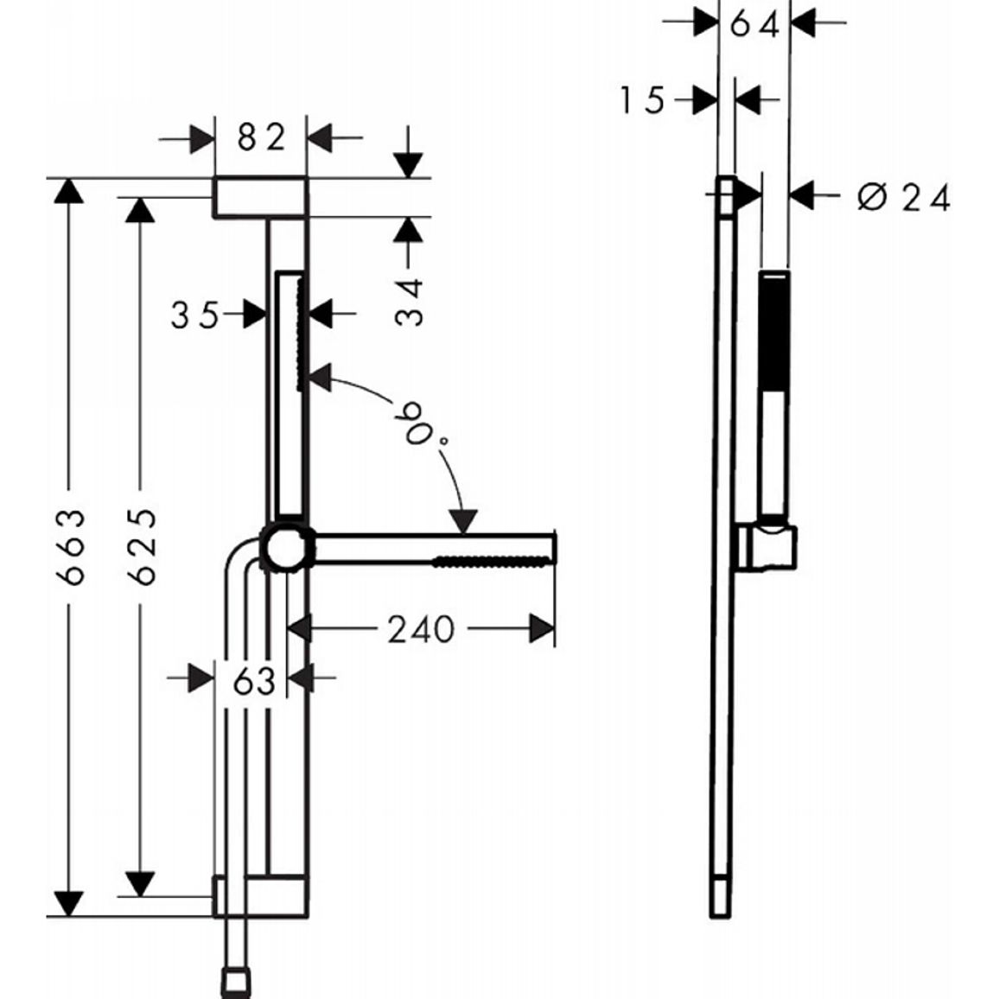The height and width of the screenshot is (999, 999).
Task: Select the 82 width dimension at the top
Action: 261,137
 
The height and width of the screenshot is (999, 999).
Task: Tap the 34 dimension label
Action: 409,302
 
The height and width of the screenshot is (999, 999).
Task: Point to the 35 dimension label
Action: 194,315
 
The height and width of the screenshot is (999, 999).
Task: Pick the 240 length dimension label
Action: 421,629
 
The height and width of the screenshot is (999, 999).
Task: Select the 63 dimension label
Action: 253,682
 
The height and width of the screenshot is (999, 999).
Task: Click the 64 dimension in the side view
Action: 754,25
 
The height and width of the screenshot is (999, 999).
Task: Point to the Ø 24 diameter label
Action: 903,198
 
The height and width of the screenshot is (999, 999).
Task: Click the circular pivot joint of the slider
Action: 287,548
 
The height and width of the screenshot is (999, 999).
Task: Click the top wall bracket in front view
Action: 260,198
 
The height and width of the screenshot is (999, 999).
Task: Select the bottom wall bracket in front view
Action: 260,896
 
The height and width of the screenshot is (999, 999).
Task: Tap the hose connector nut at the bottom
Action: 236,983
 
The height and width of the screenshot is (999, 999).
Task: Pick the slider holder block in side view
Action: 767,548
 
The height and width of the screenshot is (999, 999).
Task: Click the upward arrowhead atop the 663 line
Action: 69,190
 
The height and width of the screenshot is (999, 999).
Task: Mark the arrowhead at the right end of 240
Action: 542,629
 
